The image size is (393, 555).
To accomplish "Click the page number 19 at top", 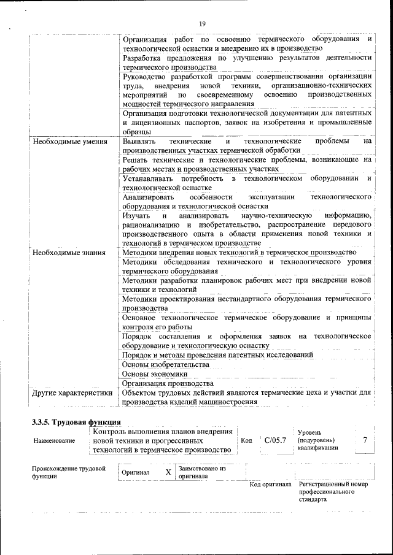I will coord(202,23).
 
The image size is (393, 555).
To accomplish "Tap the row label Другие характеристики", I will coord(72,393).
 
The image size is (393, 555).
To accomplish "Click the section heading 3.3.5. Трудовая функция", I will coord(76,423).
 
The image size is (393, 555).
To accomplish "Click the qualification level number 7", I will coord(365,440).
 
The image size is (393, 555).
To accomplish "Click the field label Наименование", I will coord(55,440).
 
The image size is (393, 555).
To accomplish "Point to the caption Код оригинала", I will coord(270,484).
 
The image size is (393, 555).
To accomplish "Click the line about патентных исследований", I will coord(218,355).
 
